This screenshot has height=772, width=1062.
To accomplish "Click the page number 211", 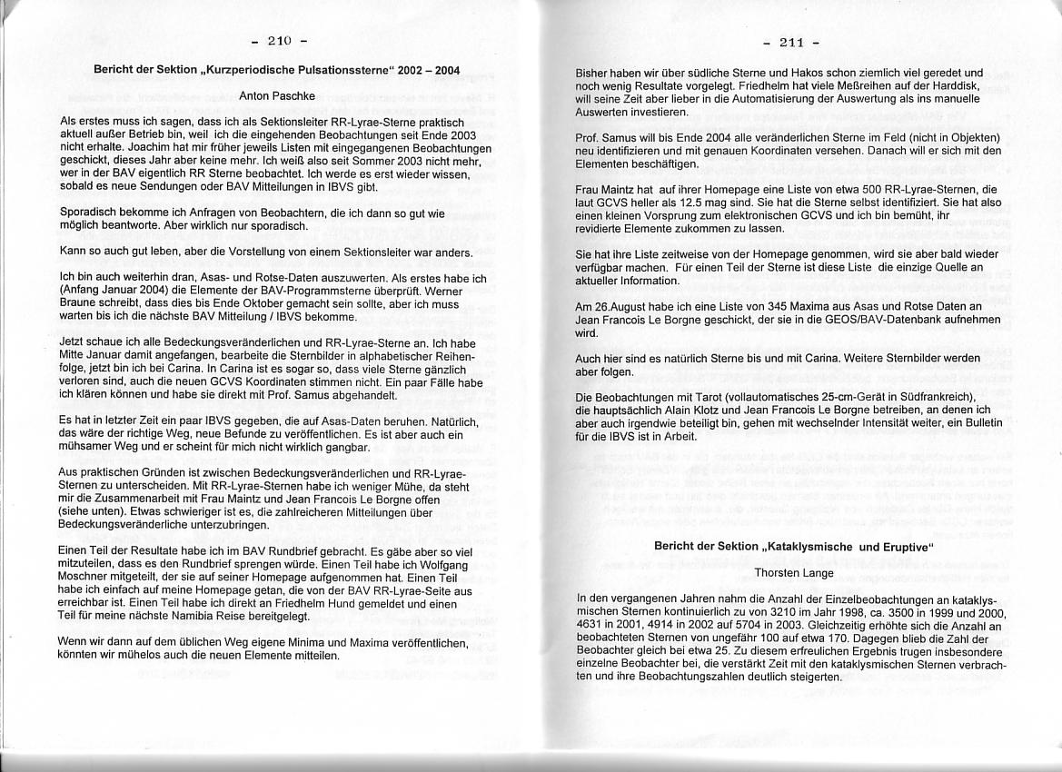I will click(792, 42).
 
